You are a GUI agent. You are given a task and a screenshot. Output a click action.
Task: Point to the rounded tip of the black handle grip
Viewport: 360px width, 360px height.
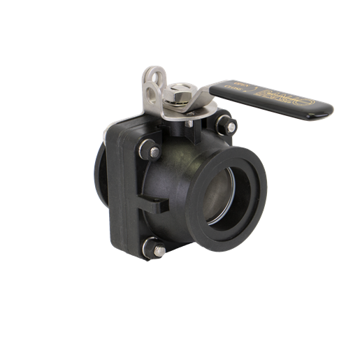click(322, 108)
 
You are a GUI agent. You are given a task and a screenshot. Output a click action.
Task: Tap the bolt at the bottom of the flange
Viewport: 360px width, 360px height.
click(158, 250)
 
